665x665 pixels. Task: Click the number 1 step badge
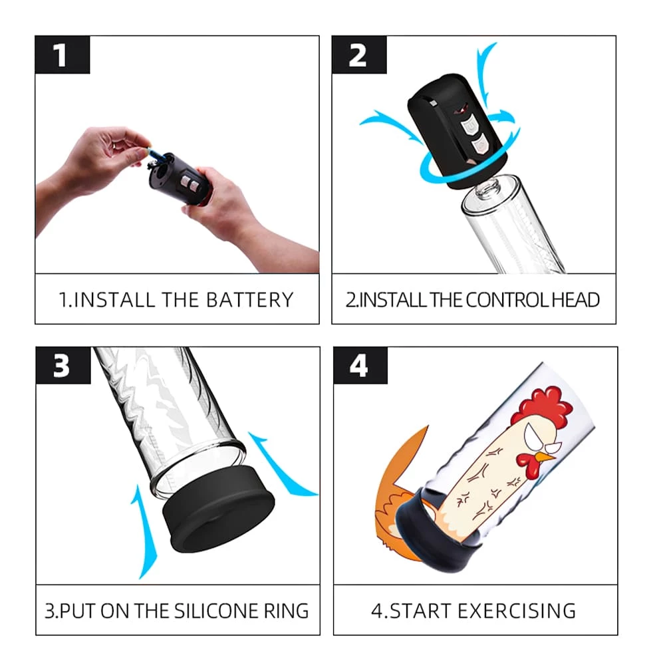click(x=63, y=55)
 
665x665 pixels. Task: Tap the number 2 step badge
click(x=359, y=55)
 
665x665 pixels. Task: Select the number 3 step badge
click(x=63, y=366)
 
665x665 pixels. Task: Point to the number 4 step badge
click(x=360, y=366)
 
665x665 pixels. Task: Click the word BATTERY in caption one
click(x=250, y=300)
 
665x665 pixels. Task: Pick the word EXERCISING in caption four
click(x=517, y=611)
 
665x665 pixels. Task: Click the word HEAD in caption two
click(x=575, y=300)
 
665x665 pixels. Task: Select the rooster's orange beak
click(x=545, y=458)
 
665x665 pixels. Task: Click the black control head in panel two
click(x=458, y=130)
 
